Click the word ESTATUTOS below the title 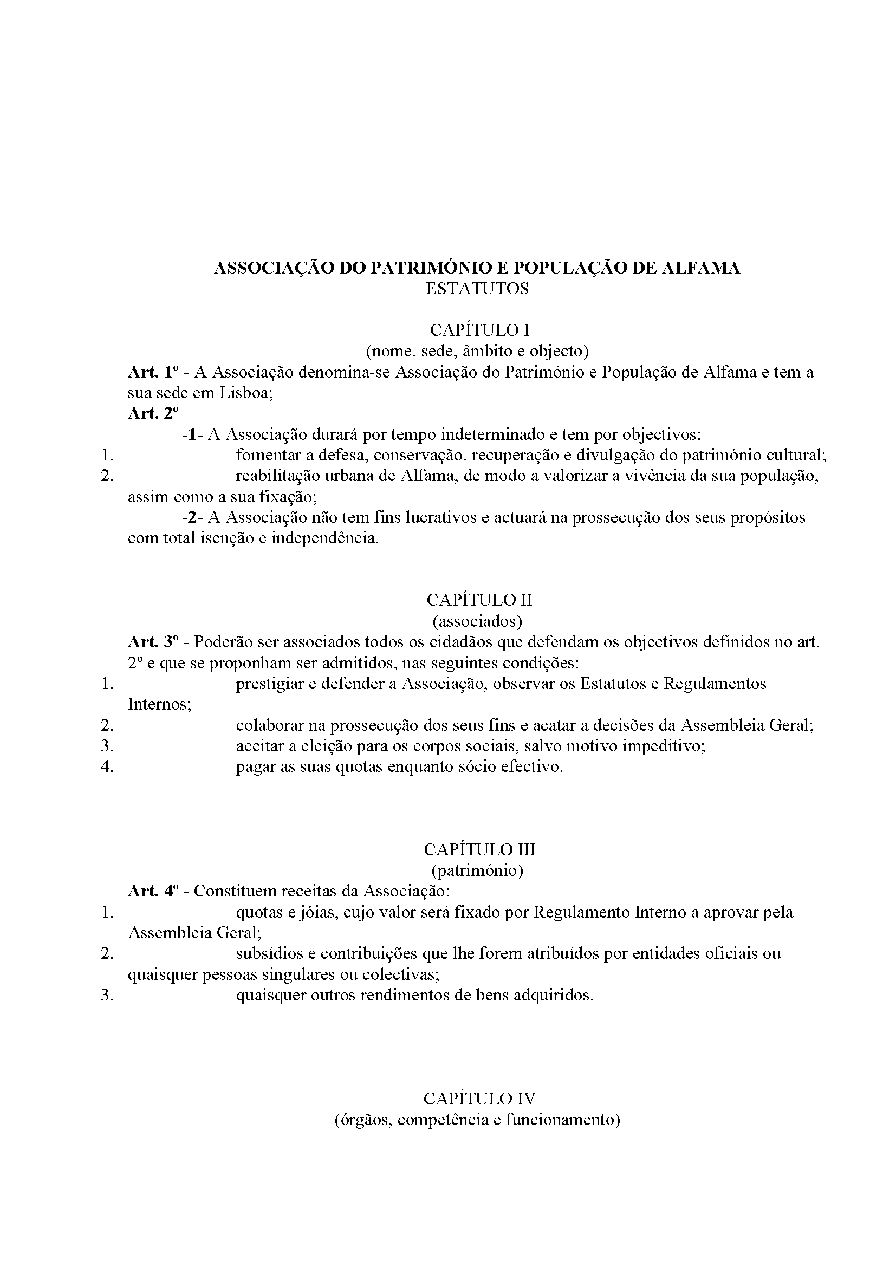tap(477, 289)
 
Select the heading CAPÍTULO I tap(479, 330)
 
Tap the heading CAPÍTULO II tap(479, 600)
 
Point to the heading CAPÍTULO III tap(479, 849)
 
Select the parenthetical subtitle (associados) tap(477, 621)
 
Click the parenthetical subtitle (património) tap(477, 870)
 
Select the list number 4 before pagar tap(107, 767)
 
